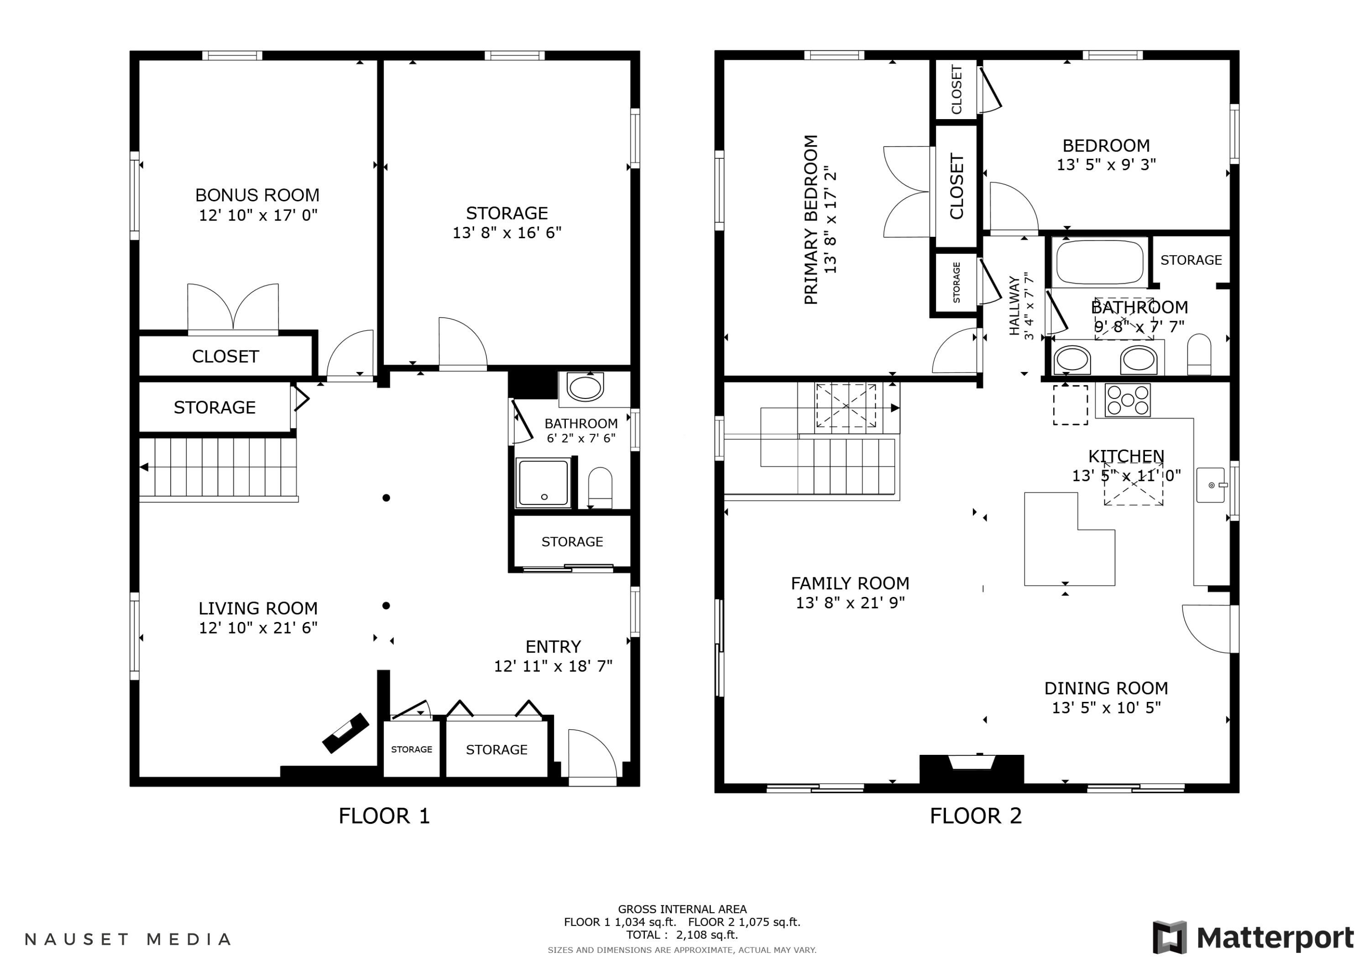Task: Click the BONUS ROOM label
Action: (x=257, y=195)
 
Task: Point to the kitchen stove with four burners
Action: (x=1128, y=400)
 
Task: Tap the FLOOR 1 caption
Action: (x=384, y=816)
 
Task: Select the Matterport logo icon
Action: (x=1170, y=937)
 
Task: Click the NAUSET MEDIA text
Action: (x=128, y=939)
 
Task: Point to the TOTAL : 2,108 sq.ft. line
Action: (x=682, y=935)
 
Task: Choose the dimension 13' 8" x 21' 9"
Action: (x=850, y=603)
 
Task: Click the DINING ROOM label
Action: (x=1106, y=688)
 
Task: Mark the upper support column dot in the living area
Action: (x=387, y=498)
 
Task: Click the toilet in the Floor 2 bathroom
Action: (x=1199, y=354)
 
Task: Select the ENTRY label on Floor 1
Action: (x=553, y=647)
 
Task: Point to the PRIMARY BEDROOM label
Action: (x=810, y=220)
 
